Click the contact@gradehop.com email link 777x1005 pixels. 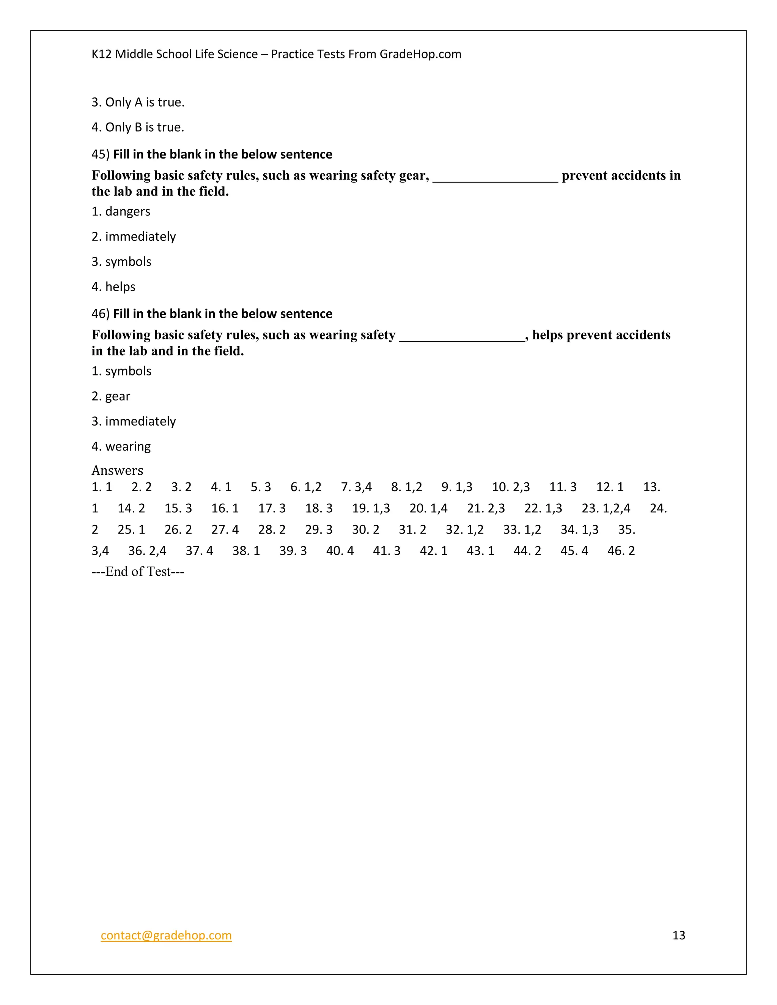166,936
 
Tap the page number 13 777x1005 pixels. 678,936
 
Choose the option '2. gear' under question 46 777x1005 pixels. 110,396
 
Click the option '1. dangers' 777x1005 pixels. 121,212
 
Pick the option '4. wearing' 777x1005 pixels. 121,446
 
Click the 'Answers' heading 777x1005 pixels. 117,470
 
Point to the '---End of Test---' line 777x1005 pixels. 138,572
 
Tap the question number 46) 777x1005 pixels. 100,314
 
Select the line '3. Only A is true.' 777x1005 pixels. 138,102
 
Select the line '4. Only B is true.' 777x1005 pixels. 138,127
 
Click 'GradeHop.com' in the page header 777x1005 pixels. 420,54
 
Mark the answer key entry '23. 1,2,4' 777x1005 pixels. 606,509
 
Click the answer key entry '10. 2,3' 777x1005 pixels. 511,487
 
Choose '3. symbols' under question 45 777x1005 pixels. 121,262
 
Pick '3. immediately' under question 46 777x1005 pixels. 134,421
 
